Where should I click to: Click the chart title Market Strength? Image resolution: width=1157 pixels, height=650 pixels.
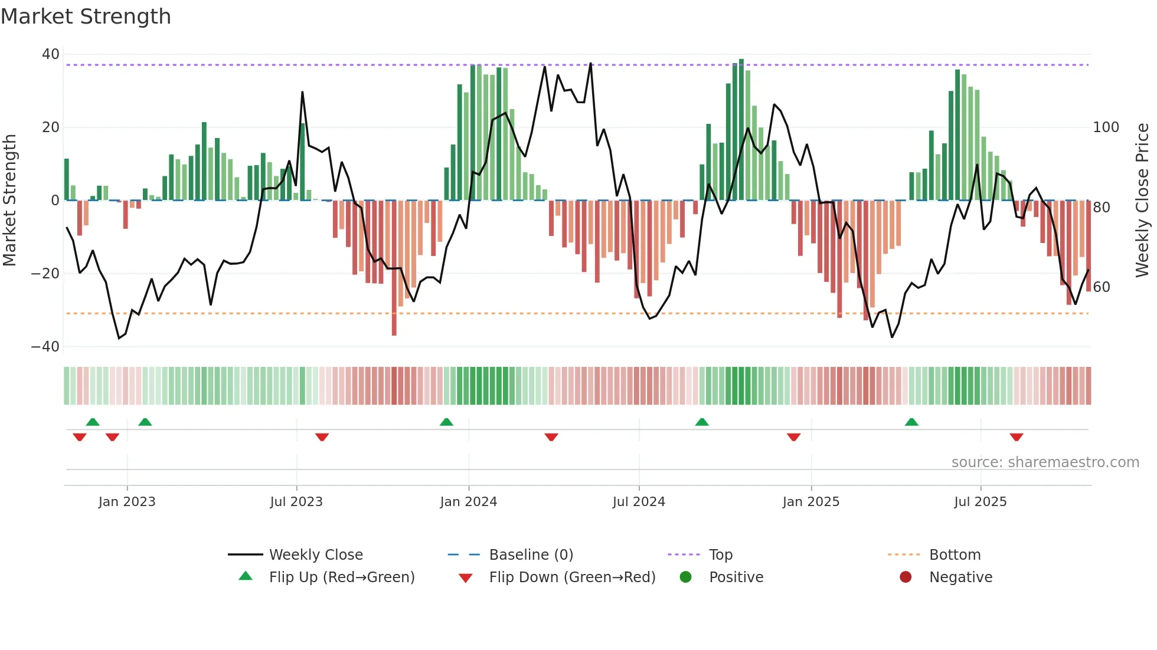(86, 17)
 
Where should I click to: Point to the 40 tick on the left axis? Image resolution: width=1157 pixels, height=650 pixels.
(51, 54)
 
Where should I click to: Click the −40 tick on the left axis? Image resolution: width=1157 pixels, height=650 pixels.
(45, 347)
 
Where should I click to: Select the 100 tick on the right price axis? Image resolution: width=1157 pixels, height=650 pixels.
(1106, 127)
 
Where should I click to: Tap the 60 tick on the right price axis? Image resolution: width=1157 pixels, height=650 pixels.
(1102, 287)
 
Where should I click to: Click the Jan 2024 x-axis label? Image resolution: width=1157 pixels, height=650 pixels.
(468, 502)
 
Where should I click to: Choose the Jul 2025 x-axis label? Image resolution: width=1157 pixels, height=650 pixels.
(980, 502)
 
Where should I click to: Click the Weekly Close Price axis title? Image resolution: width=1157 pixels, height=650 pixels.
(1142, 201)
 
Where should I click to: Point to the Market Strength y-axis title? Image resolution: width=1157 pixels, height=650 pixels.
(9, 201)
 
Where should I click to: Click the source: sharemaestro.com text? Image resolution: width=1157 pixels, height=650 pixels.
(1045, 462)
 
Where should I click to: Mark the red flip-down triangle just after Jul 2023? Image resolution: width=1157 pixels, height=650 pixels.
(322, 437)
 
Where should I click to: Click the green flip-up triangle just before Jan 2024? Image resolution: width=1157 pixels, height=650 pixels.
(446, 422)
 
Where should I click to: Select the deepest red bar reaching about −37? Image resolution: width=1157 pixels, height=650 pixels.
(394, 268)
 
